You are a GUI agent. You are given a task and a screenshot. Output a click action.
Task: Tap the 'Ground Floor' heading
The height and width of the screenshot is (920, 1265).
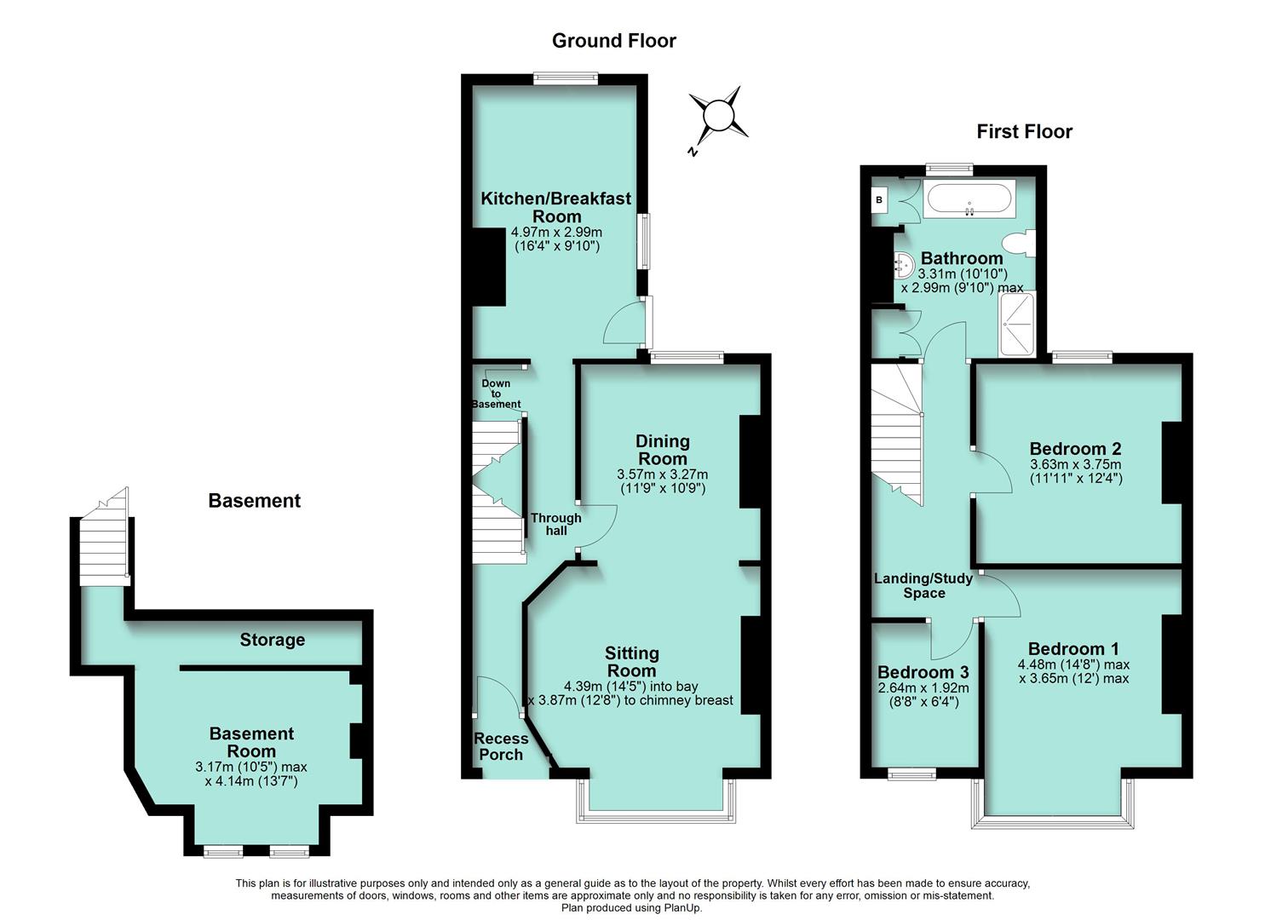[x=613, y=40]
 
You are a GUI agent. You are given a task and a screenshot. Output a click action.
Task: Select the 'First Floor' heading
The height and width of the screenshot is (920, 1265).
[x=1024, y=131]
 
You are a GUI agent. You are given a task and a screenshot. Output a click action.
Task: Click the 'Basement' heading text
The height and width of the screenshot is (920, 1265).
[x=254, y=501]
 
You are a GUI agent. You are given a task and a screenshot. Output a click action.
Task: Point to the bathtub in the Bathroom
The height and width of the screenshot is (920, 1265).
[x=969, y=199]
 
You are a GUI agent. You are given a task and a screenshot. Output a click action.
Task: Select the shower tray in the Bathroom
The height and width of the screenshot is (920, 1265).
[x=1017, y=325]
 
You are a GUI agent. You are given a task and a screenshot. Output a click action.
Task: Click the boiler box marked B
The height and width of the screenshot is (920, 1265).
[x=878, y=200]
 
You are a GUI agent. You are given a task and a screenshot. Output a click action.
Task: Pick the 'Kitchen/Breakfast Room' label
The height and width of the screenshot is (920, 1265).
[x=556, y=207]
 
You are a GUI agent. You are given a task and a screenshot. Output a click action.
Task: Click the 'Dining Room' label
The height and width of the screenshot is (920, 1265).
[x=662, y=450]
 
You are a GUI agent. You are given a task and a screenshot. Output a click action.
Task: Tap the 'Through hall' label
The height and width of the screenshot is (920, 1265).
[x=555, y=524]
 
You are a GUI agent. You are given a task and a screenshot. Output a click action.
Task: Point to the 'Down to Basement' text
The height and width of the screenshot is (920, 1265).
[x=496, y=394]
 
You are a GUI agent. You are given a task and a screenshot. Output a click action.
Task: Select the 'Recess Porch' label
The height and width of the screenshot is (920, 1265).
[x=501, y=746]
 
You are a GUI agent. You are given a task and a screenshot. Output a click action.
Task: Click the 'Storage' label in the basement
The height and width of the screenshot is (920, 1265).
[x=272, y=640]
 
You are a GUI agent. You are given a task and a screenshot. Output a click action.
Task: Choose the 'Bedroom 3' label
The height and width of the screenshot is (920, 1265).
[x=923, y=672]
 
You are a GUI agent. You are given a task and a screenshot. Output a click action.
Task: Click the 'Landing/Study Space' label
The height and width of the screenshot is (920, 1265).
[x=923, y=586]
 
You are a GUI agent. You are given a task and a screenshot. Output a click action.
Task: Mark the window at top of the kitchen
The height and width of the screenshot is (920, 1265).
[x=565, y=78]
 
